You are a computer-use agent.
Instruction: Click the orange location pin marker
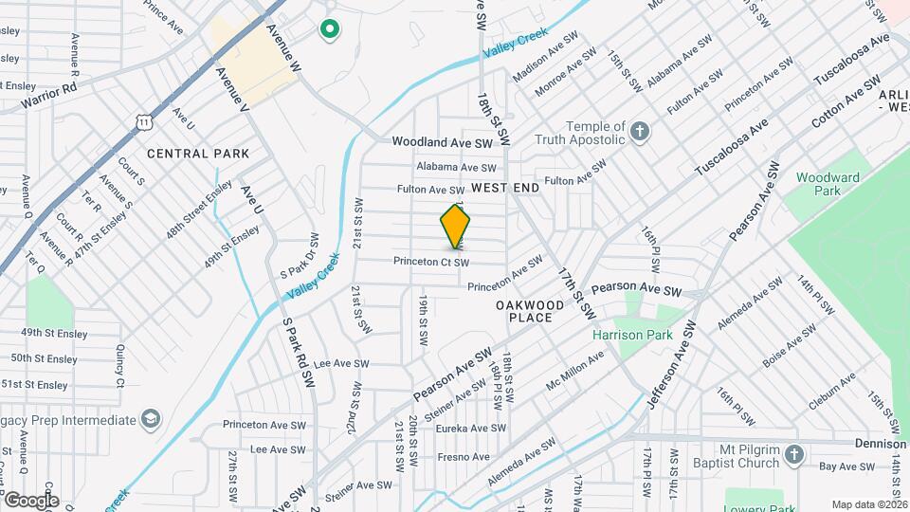(456, 226)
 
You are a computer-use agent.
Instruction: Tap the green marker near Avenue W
(330, 30)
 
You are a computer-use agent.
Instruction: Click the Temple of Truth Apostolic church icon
(641, 132)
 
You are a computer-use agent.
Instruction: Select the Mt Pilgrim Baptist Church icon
(795, 456)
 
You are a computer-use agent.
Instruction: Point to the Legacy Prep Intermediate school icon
(150, 419)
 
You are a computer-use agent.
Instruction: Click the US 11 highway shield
(143, 120)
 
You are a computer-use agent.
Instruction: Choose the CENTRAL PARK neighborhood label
(198, 154)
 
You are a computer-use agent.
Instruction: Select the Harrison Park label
(632, 335)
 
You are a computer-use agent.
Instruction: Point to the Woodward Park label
(828, 184)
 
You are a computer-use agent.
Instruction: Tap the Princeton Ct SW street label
(432, 262)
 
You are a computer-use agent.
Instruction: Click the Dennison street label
(879, 444)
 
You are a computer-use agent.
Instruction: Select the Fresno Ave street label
(464, 457)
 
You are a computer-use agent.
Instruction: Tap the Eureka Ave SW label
(471, 429)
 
